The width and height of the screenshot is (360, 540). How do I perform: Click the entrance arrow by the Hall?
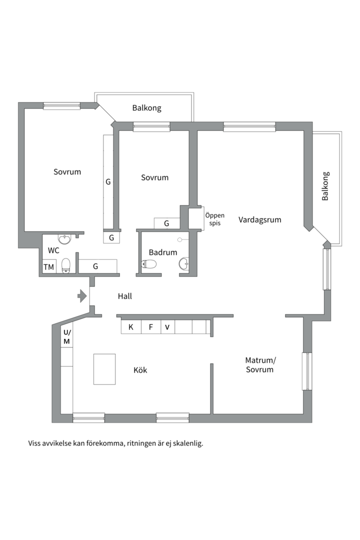pyautogui.click(x=81, y=296)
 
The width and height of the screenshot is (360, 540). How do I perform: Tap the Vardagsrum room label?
pyautogui.click(x=260, y=219)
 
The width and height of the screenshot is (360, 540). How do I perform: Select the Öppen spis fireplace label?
pyautogui.click(x=214, y=219)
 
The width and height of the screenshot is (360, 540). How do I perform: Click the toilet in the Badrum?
pyautogui.click(x=148, y=264)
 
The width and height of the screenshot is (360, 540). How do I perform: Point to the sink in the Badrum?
pyautogui.click(x=184, y=263)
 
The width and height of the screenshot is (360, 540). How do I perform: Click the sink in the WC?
pyautogui.click(x=65, y=239)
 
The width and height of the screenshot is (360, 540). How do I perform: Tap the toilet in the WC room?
pyautogui.click(x=66, y=265)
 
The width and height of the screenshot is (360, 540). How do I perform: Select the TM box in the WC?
pyautogui.click(x=49, y=267)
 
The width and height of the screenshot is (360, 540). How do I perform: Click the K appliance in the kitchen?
pyautogui.click(x=131, y=327)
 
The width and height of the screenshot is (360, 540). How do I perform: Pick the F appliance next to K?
pyautogui.click(x=151, y=327)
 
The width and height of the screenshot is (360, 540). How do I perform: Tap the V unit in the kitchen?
pyautogui.click(x=168, y=327)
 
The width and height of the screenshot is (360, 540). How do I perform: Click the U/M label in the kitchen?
pyautogui.click(x=67, y=337)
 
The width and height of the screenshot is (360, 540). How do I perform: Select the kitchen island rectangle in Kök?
pyautogui.click(x=104, y=369)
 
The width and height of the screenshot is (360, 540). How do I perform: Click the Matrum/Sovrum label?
pyautogui.click(x=260, y=365)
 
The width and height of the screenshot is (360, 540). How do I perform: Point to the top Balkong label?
pyautogui.click(x=147, y=108)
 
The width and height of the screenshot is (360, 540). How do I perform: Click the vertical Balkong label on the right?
pyautogui.click(x=325, y=186)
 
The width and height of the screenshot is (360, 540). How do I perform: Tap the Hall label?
pyautogui.click(x=124, y=296)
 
